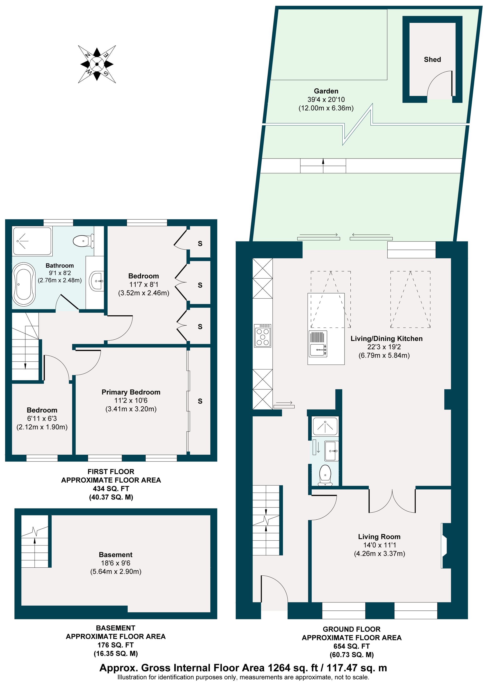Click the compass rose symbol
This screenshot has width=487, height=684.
97,64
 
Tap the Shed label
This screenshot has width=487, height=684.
432,59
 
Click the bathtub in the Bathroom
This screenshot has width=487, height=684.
24,284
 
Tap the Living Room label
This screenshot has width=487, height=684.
379,536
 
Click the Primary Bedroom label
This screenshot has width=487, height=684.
131,392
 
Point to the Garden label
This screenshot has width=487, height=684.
326,91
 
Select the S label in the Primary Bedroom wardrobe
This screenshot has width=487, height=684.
200,401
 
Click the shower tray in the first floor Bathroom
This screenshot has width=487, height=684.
32,241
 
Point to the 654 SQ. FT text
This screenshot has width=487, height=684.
351,646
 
